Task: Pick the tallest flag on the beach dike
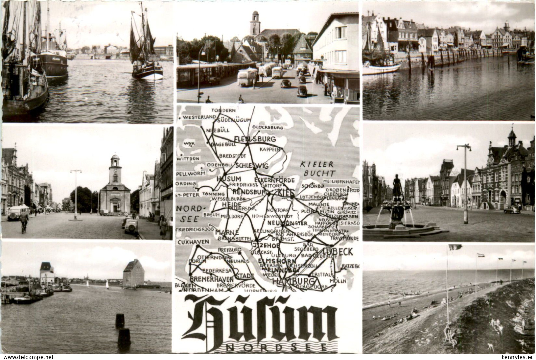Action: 455,247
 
